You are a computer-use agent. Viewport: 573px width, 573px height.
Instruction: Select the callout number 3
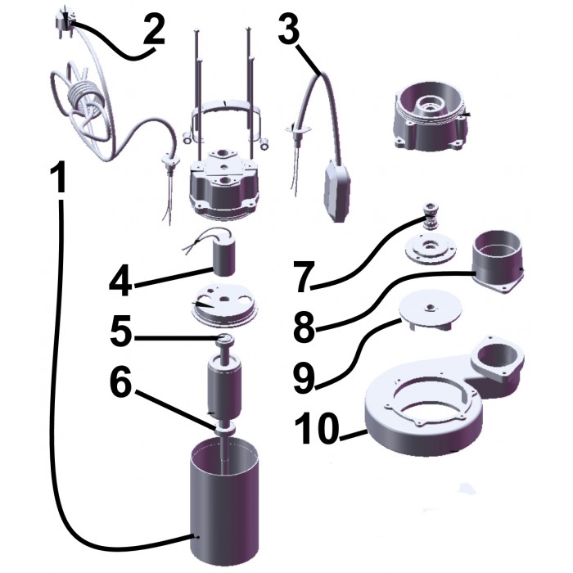point(290,28)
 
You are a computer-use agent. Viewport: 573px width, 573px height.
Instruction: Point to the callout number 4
point(120,281)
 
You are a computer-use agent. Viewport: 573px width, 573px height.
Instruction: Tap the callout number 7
point(305,277)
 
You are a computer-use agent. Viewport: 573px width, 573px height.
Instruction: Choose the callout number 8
point(304,327)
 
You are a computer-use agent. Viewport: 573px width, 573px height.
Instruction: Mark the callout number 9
point(304,378)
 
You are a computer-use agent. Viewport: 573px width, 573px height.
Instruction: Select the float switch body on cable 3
point(338,191)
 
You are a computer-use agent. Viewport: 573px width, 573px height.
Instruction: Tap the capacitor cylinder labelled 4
point(223,257)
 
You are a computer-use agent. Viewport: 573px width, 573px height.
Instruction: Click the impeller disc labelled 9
point(431,309)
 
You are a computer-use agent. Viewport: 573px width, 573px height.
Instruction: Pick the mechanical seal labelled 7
point(432,216)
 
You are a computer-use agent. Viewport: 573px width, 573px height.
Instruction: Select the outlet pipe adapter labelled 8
point(499,261)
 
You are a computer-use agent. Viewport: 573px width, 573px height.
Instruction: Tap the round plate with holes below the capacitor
point(225,305)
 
